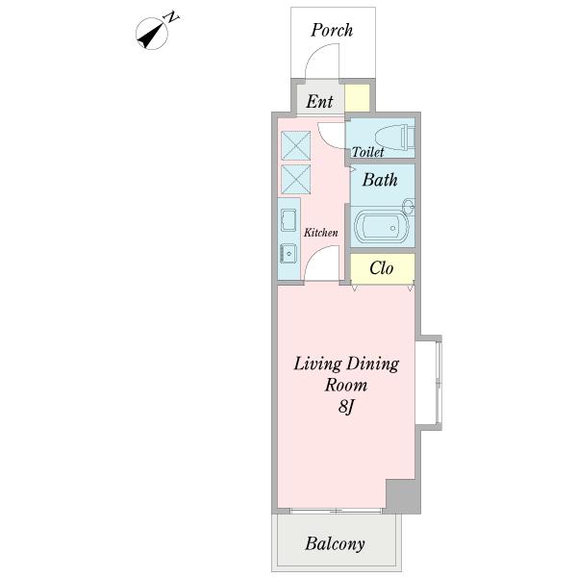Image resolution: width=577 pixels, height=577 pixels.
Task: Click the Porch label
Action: tap(332, 30)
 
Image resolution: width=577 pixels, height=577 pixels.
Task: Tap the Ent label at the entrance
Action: tap(319, 102)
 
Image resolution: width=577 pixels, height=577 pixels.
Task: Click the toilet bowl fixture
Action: tap(394, 138)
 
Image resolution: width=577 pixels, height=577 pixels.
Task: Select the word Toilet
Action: tap(367, 152)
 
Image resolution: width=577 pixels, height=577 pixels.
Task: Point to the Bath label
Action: tap(380, 180)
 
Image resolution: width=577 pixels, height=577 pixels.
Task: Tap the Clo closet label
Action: tap(381, 268)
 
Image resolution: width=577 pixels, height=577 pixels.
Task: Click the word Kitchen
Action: tap(320, 233)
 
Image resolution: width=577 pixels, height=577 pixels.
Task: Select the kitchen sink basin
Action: tap(288, 220)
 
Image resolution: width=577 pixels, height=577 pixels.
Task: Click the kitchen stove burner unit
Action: tap(288, 253)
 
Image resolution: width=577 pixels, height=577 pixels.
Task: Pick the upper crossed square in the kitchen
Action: tap(295, 145)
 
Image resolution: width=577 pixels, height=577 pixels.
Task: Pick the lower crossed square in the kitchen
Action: tap(295, 179)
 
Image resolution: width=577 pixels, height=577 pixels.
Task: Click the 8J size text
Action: tap(345, 407)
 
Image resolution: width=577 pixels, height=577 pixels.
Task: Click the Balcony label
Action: tap(335, 544)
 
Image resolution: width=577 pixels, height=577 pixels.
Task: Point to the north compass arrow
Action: tap(151, 36)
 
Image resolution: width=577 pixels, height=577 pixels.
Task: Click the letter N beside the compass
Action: tap(171, 17)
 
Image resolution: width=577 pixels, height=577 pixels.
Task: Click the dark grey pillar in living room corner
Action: tap(403, 496)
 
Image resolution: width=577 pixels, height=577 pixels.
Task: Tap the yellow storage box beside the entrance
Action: tap(358, 98)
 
